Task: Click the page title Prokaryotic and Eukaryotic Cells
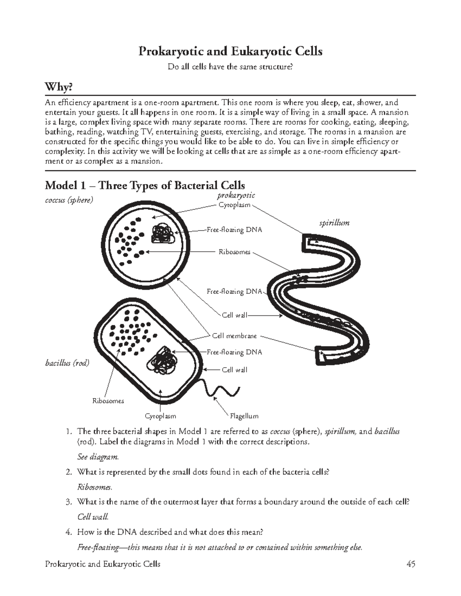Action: [x=230, y=51]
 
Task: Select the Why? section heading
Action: [x=58, y=88]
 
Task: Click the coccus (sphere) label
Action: [x=69, y=200]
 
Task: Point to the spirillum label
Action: [x=334, y=223]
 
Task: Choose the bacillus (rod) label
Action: [x=67, y=363]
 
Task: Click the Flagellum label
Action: [x=244, y=416]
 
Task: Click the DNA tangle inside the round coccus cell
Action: [x=163, y=233]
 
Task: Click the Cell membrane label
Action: [x=234, y=336]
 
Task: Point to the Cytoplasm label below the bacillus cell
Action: [x=160, y=416]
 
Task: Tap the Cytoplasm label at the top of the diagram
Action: [x=234, y=205]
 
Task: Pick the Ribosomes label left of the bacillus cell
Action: [x=108, y=401]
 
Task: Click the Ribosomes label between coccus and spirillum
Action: [x=234, y=252]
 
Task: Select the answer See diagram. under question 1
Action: [x=98, y=457]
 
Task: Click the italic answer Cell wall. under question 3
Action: [x=93, y=517]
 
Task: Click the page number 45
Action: [x=411, y=564]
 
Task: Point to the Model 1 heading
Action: [x=145, y=186]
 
